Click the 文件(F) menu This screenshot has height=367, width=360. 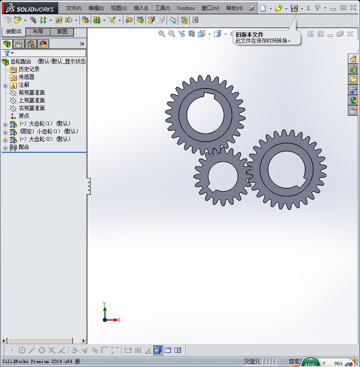(73, 8)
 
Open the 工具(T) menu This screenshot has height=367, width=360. (162, 8)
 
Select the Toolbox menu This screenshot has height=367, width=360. (186, 8)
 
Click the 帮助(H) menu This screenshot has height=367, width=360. (234, 8)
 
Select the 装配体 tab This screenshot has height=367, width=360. (13, 32)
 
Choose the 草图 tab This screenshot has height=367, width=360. (62, 32)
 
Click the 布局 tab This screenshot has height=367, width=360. (38, 32)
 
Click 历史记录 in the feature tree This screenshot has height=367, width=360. (29, 69)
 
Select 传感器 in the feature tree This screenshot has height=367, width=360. (26, 77)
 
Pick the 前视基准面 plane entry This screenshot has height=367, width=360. (32, 92)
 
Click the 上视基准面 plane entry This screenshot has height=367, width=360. (32, 100)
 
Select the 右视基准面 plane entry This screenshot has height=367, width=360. (32, 108)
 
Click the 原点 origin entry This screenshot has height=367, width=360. (24, 116)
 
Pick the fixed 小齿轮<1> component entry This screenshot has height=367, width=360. (49, 131)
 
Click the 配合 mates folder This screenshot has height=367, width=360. (24, 147)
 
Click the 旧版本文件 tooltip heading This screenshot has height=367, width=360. (249, 35)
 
